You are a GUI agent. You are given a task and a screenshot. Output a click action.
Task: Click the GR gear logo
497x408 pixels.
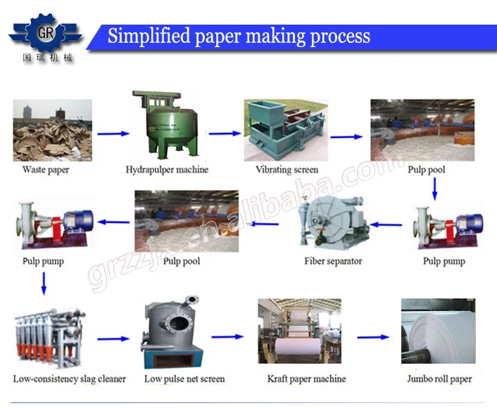click(x=45, y=32)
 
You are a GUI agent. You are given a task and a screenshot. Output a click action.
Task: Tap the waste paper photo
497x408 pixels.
click(x=52, y=130)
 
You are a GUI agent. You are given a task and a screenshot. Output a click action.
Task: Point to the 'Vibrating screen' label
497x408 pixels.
click(x=287, y=170)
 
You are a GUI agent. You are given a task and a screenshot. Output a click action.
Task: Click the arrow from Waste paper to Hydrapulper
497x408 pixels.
click(x=113, y=133)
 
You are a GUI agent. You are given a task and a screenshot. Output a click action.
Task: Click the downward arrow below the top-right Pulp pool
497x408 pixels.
click(x=434, y=188)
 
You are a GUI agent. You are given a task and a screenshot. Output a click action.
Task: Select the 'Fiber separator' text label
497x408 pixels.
click(x=333, y=261)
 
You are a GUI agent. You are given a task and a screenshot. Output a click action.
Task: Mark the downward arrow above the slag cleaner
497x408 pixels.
click(x=44, y=281)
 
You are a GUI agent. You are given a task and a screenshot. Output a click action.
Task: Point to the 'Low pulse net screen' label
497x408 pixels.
click(x=184, y=379)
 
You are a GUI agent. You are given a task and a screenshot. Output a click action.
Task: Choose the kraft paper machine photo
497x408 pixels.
click(x=299, y=335)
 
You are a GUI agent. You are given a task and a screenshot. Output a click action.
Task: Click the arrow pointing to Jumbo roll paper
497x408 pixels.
click(x=372, y=338)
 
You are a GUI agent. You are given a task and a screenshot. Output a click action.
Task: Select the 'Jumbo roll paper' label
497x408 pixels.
click(x=439, y=379)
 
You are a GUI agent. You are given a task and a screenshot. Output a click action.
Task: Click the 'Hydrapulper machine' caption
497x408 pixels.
click(x=167, y=170)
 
